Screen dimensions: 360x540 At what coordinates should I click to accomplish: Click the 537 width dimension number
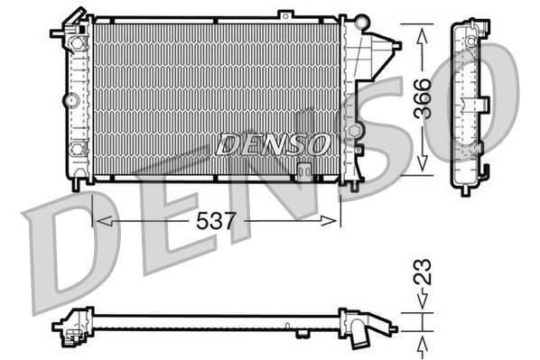[216, 220]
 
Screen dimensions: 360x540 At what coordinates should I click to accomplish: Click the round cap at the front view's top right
[362, 20]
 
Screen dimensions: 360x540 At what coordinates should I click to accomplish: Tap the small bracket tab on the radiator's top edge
[285, 14]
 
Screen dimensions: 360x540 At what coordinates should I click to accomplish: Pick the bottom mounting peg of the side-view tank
[465, 188]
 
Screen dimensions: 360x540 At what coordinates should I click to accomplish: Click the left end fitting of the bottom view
[70, 327]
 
